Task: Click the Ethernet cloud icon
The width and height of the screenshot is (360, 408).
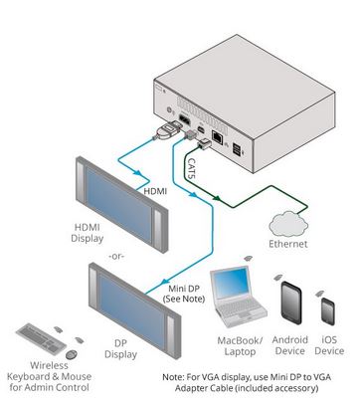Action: (288, 224)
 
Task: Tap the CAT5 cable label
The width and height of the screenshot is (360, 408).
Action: (191, 168)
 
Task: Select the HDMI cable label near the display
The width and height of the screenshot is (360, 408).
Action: (155, 191)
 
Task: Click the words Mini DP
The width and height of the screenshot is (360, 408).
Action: (184, 289)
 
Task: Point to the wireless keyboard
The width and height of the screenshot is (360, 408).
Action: (41, 339)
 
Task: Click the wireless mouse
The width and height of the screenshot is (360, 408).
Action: (72, 354)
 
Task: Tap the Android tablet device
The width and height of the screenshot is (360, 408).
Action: (291, 303)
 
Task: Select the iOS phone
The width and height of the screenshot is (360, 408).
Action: (328, 311)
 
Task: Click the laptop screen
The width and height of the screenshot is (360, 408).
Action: (232, 283)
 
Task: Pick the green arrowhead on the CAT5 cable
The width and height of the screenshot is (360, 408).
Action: (216, 198)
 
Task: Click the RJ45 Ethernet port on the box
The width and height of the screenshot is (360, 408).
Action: (218, 136)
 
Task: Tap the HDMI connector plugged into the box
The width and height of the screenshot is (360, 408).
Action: (168, 129)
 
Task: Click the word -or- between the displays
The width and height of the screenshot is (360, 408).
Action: (115, 257)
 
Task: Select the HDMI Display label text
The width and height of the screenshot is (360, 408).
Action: (88, 233)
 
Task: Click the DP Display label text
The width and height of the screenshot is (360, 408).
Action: (120, 349)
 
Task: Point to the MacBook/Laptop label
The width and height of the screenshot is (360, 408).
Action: (240, 346)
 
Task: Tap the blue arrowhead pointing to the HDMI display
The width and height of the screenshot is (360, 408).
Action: (138, 173)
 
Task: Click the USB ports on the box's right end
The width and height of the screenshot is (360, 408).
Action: (239, 149)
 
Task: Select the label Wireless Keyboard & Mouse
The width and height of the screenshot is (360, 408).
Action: (49, 376)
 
